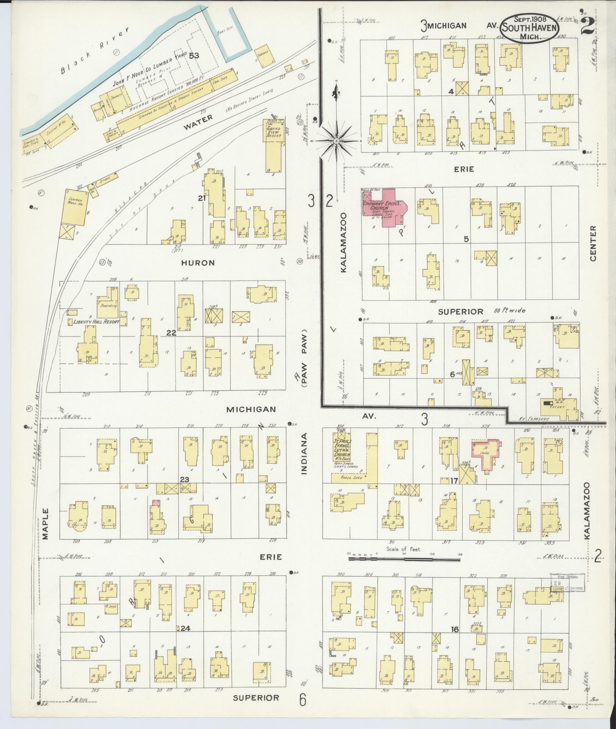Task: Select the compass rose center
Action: (336, 141)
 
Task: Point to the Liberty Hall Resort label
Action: (96, 322)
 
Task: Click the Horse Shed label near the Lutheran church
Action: (351, 478)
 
